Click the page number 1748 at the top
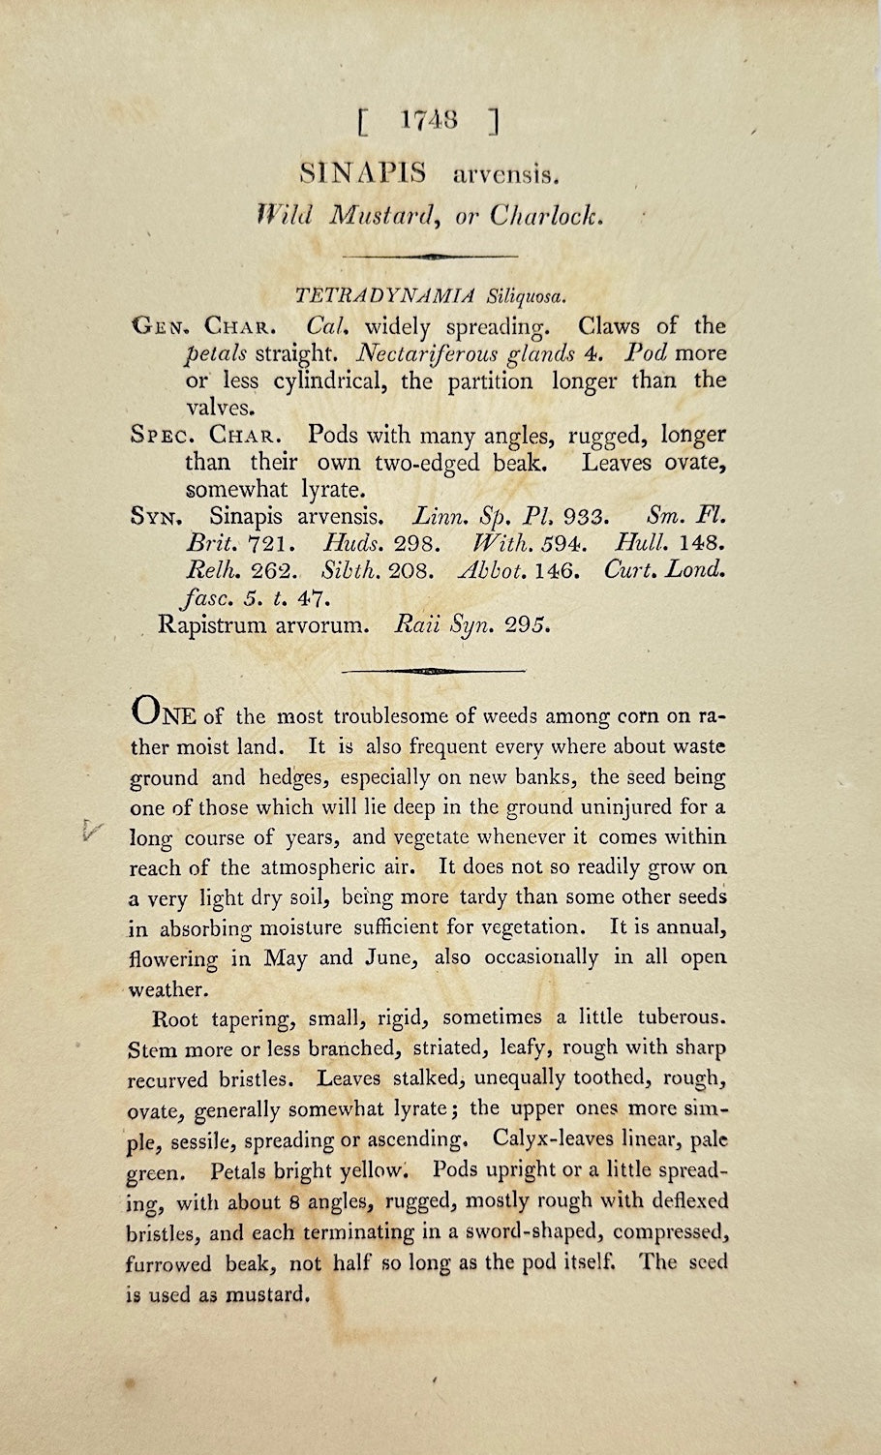[x=426, y=122]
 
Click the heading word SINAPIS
[x=364, y=175]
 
